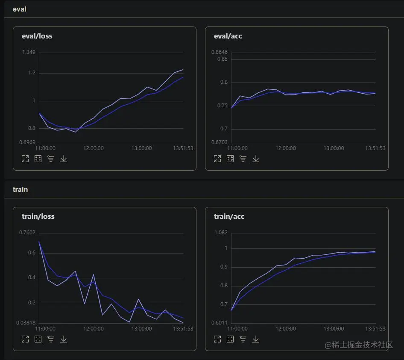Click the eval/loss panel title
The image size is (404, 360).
(x=37, y=36)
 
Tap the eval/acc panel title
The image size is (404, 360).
(x=228, y=36)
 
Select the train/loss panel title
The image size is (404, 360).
(x=38, y=217)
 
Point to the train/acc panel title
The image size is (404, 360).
(x=229, y=217)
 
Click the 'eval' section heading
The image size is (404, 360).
(x=19, y=9)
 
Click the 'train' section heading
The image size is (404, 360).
(x=20, y=189)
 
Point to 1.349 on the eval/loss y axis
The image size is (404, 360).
(x=28, y=53)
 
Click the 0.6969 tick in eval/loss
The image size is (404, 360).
(x=27, y=142)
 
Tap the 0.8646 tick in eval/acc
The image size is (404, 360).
(x=219, y=53)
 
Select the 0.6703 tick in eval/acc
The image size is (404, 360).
(x=219, y=142)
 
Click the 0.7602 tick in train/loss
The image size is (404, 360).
(x=27, y=233)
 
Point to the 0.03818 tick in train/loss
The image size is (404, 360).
(x=26, y=323)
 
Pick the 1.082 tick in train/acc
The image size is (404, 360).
(x=220, y=233)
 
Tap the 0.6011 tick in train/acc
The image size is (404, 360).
(x=219, y=323)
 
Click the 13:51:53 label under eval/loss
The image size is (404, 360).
(x=183, y=148)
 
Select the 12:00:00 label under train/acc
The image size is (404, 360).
(x=285, y=329)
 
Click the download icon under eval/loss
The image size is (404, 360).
(x=64, y=159)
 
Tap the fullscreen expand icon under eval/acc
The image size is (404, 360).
(x=217, y=159)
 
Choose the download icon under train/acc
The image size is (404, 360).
(x=256, y=339)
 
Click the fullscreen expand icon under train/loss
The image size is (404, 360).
(x=25, y=339)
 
